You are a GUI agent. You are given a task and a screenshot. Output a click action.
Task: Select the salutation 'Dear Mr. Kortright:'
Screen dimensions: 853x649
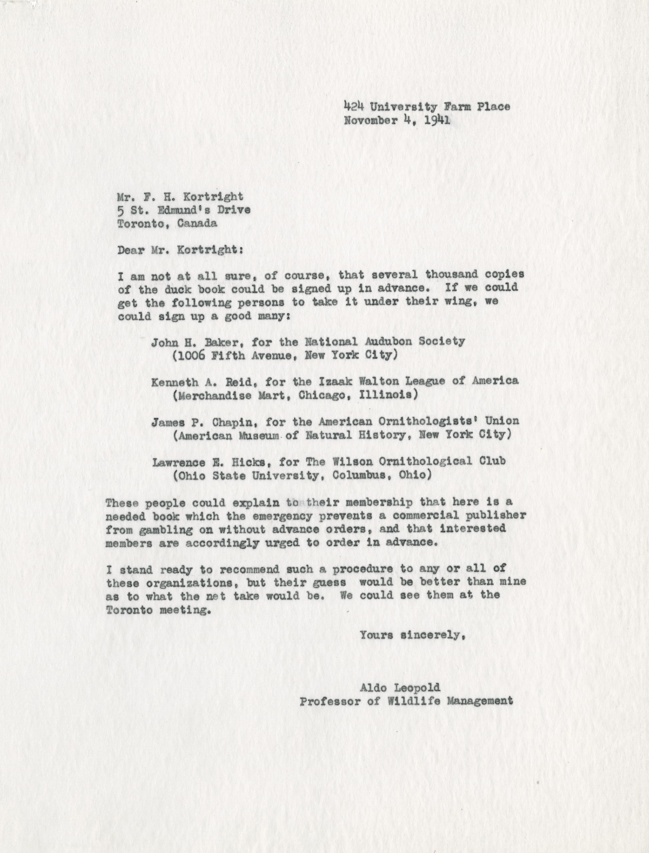(180, 250)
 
